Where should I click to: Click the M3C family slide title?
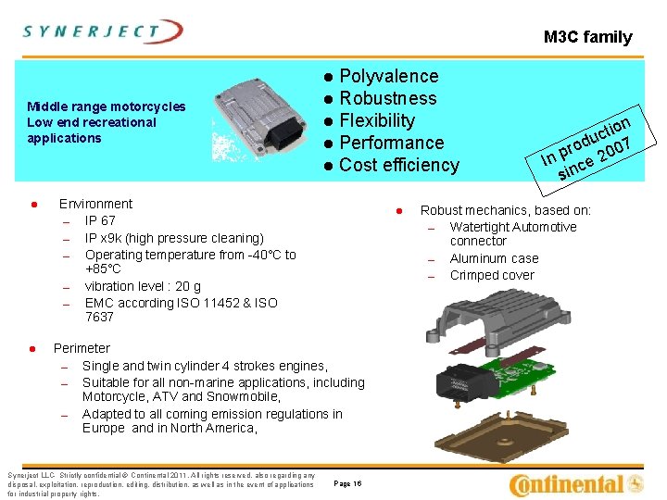point(587,38)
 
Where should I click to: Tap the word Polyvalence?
point(389,76)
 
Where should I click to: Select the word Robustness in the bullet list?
point(388,98)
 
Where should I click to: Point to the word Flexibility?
point(377,120)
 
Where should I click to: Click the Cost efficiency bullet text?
point(399,165)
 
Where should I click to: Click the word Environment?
point(95,204)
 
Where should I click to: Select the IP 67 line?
point(100,220)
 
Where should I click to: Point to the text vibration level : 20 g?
point(143,286)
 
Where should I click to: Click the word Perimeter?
point(82,348)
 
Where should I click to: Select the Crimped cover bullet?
point(492,275)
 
